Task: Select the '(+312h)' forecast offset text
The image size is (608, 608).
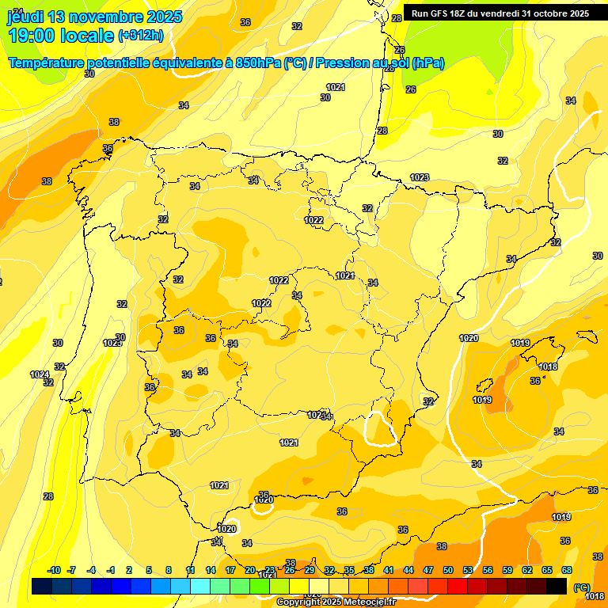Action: pyautogui.click(x=141, y=36)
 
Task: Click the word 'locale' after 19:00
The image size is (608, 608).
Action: pyautogui.click(x=88, y=36)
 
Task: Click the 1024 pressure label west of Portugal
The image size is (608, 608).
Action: pyautogui.click(x=40, y=374)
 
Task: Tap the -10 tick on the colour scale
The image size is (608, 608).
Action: pyautogui.click(x=54, y=570)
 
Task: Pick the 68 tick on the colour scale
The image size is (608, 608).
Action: pyautogui.click(x=567, y=570)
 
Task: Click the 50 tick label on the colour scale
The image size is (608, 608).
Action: pyautogui.click(x=448, y=570)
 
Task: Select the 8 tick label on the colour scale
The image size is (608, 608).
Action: pyautogui.click(x=169, y=570)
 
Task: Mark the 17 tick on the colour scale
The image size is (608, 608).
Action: pyautogui.click(x=230, y=570)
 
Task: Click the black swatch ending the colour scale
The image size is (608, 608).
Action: pyautogui.click(x=557, y=586)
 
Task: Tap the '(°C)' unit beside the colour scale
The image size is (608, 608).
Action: pyautogui.click(x=582, y=587)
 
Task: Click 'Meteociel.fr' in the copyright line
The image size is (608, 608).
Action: pyautogui.click(x=365, y=602)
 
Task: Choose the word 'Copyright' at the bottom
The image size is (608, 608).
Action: pyautogui.click(x=298, y=602)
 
